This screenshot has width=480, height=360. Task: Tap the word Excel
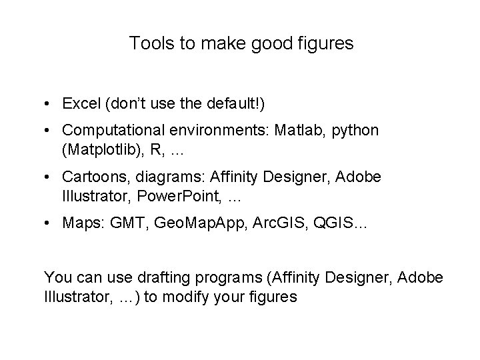[x=79, y=104]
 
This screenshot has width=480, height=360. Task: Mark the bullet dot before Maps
[x=49, y=222]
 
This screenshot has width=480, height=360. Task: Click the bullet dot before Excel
[x=49, y=105]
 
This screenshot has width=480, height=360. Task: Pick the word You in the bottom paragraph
[x=56, y=277]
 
